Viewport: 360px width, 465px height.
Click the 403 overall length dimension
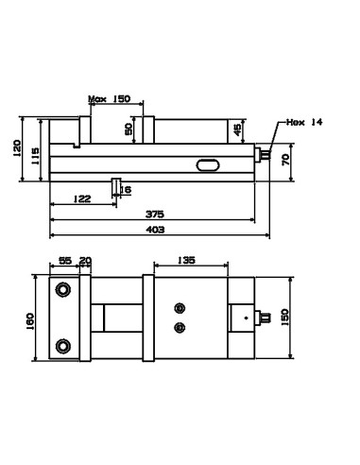click(155, 230)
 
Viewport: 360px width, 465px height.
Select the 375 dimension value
click(155, 215)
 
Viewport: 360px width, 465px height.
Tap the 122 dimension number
click(82, 198)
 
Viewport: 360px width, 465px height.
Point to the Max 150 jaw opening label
click(109, 99)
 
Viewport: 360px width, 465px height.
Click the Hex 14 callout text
click(304, 122)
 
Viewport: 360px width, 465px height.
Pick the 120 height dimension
click(17, 148)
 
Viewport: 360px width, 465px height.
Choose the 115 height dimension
click(35, 156)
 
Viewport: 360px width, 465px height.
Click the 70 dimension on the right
click(285, 160)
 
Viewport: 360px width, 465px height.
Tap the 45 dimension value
click(237, 129)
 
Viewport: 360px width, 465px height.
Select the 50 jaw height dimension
click(129, 129)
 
